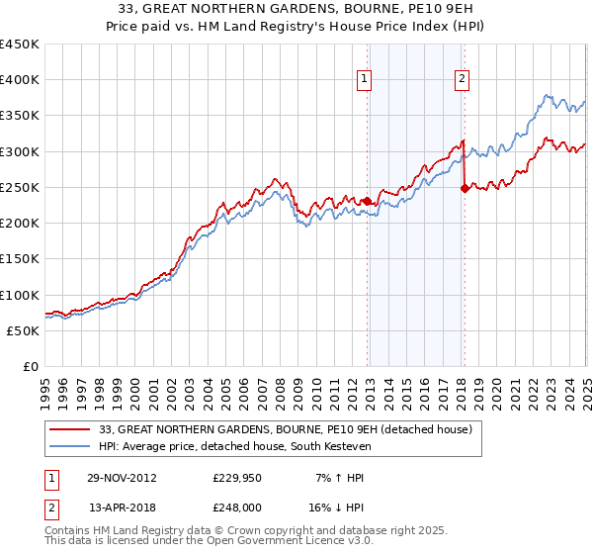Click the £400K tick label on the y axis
tap(20, 80)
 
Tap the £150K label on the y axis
tap(20, 258)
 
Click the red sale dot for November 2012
tap(367, 201)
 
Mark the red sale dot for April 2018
tap(464, 188)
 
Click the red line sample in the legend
tap(69, 429)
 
